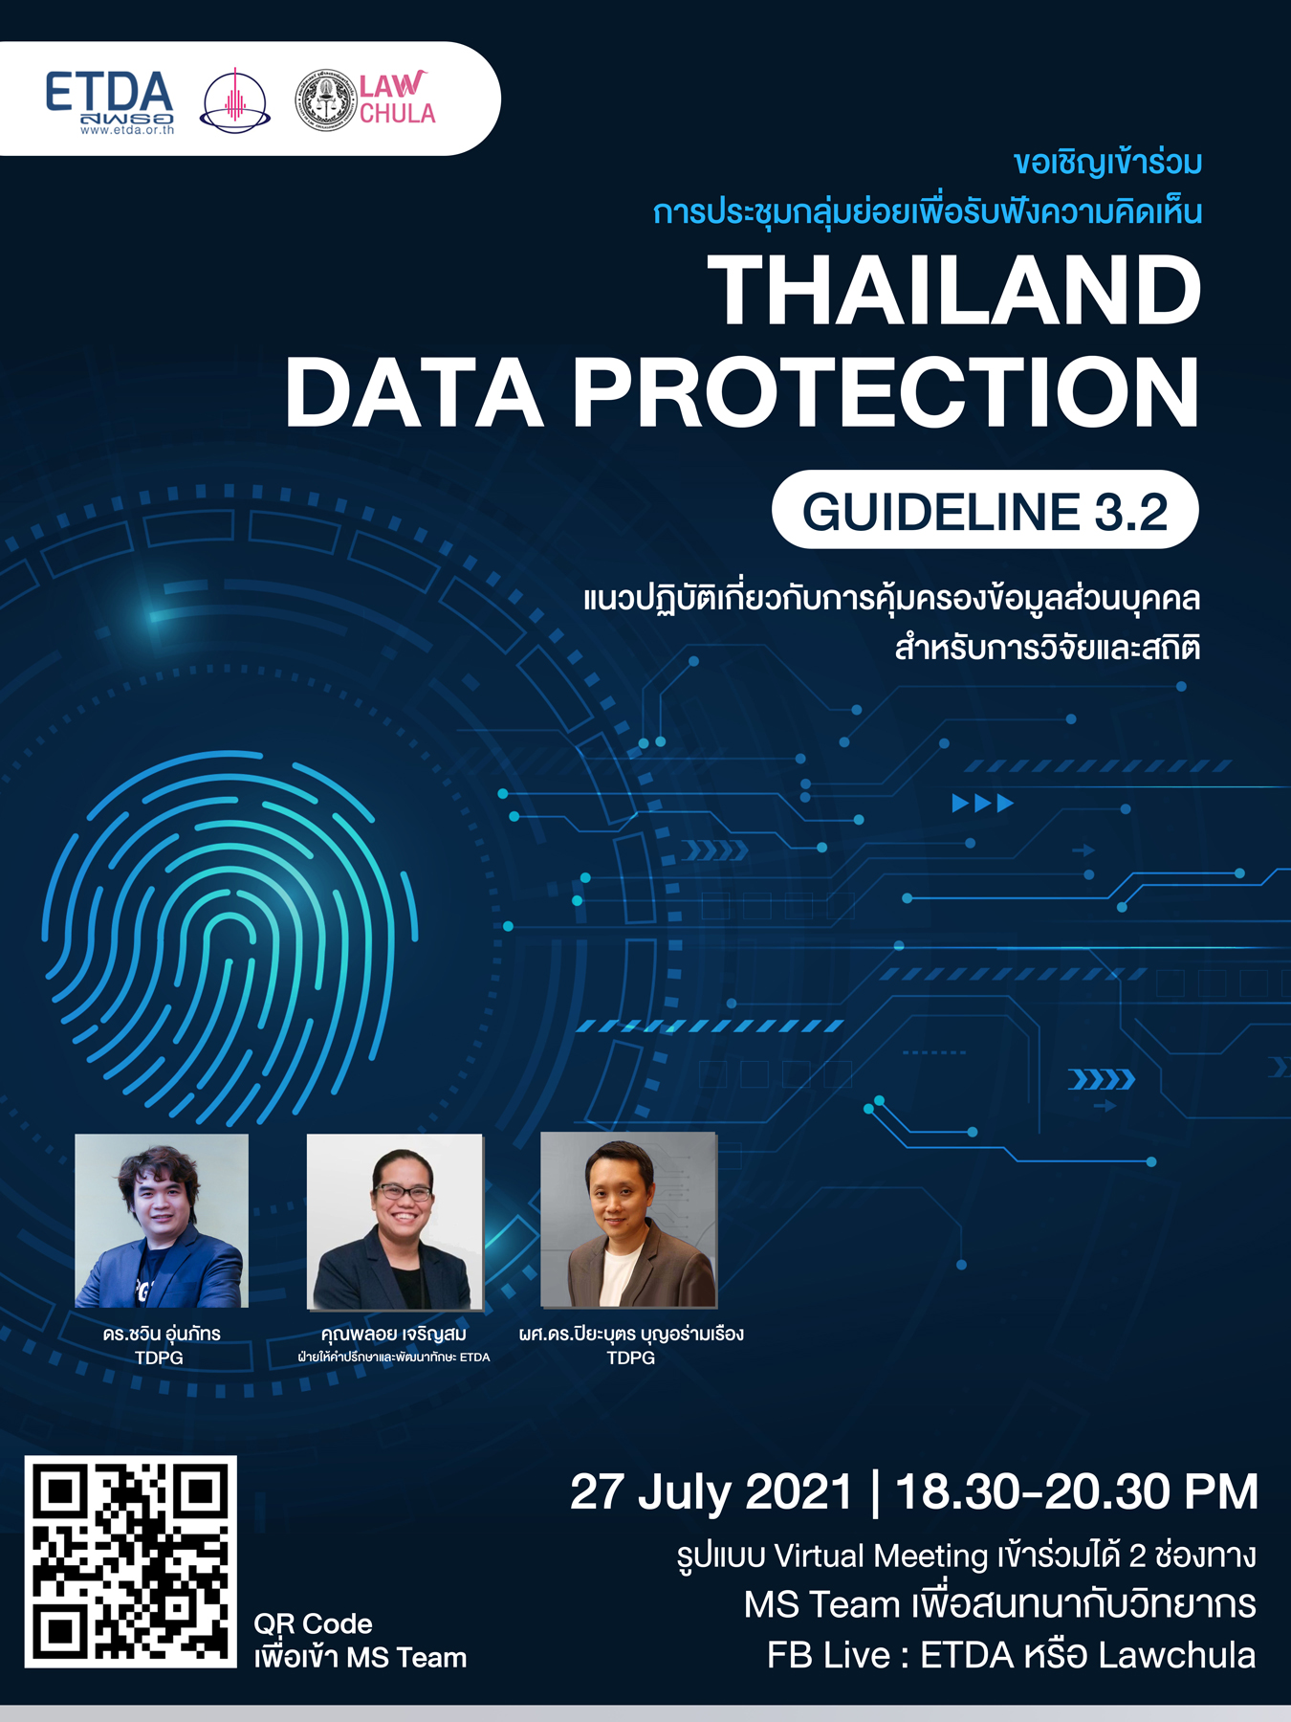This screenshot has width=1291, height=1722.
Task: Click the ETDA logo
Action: [x=109, y=100]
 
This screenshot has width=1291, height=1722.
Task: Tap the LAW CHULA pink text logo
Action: [x=397, y=99]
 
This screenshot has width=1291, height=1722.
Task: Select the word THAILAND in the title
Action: [x=953, y=291]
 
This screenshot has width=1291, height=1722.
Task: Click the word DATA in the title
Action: [x=414, y=392]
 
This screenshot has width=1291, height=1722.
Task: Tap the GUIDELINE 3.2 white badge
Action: [x=985, y=510]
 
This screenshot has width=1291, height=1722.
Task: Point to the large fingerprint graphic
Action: [x=230, y=938]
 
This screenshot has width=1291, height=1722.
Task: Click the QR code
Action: [x=130, y=1561]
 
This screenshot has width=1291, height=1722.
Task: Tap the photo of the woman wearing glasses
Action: [x=395, y=1222]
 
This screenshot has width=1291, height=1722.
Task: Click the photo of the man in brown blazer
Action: [x=628, y=1220]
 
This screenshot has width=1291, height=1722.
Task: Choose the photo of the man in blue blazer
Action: [x=162, y=1221]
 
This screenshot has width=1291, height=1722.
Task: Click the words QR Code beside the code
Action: [x=313, y=1624]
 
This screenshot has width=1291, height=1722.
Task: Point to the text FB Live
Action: [x=829, y=1655]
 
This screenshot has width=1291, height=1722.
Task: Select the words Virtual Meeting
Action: [x=881, y=1556]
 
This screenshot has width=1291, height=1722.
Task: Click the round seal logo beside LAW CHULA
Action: [x=325, y=99]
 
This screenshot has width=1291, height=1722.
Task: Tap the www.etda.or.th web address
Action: [x=127, y=130]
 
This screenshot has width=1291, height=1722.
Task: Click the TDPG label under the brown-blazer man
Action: [x=630, y=1358]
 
